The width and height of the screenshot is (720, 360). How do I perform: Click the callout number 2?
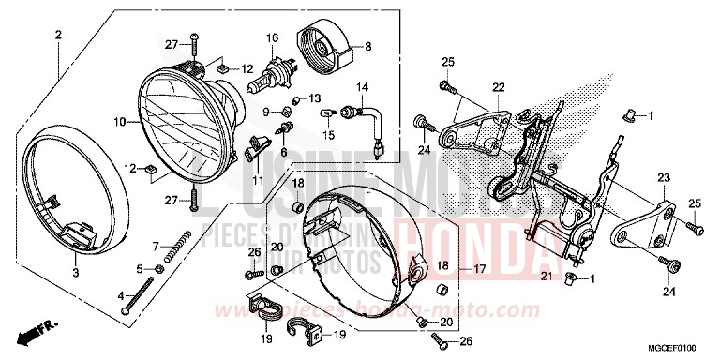58,36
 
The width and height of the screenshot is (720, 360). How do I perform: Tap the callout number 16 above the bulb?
273,38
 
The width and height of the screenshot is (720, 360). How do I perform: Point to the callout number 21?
545,274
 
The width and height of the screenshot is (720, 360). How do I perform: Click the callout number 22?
498,88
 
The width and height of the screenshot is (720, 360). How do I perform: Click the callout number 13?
315,98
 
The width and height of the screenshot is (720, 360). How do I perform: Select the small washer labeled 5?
158,269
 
